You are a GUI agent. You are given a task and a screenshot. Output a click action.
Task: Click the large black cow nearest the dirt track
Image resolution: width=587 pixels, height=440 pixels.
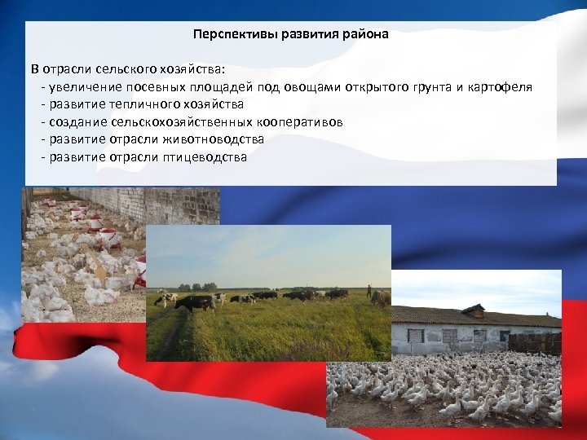[x=195, y=303]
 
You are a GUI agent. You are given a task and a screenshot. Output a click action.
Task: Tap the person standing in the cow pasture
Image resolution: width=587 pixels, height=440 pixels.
[x=369, y=292]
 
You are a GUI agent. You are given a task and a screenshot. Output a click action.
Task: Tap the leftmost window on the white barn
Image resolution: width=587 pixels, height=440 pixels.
[x=416, y=336]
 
